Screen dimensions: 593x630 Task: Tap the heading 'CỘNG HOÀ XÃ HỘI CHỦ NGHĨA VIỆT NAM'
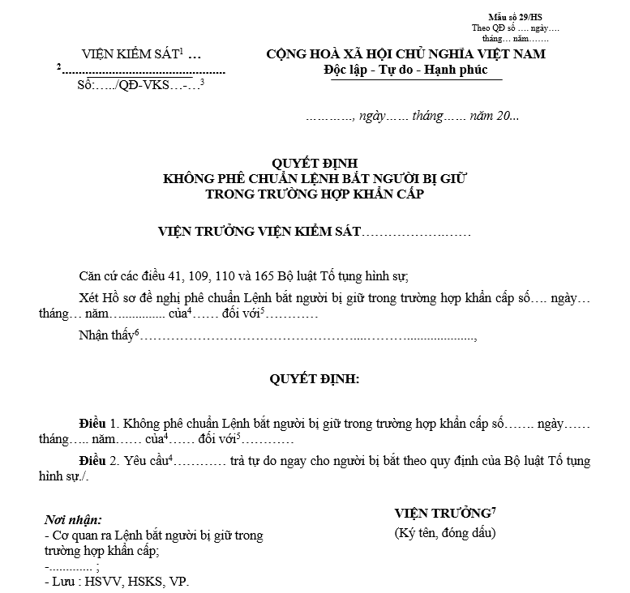click(x=406, y=54)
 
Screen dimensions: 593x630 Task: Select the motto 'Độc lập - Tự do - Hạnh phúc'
click(x=406, y=70)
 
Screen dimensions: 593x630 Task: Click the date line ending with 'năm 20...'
click(x=413, y=116)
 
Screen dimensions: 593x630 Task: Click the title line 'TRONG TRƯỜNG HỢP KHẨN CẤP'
click(x=314, y=194)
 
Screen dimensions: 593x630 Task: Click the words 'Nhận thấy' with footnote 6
click(x=107, y=335)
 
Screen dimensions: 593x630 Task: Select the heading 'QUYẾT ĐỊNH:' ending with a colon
click(x=314, y=378)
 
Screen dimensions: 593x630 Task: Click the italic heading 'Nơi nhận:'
click(x=73, y=519)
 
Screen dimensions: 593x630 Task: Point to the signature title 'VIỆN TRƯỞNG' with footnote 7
click(x=442, y=514)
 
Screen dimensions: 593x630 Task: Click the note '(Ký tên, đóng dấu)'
click(x=444, y=532)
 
